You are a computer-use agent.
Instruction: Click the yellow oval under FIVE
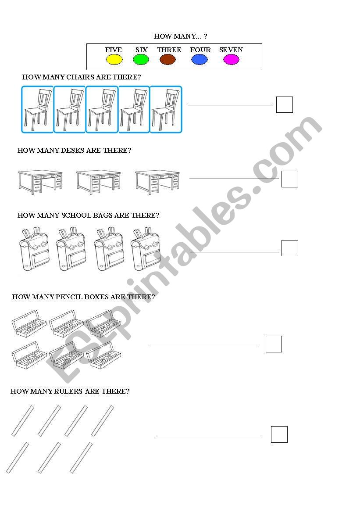pyautogui.click(x=114, y=60)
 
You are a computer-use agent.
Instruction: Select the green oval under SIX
pyautogui.click(x=141, y=60)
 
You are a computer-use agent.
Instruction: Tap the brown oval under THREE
pyautogui.click(x=168, y=60)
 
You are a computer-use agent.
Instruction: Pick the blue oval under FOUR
pyautogui.click(x=200, y=60)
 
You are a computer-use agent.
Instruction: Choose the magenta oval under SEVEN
pyautogui.click(x=231, y=60)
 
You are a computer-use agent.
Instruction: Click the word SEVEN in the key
pyautogui.click(x=231, y=50)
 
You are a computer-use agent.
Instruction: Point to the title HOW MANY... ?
pyautogui.click(x=180, y=36)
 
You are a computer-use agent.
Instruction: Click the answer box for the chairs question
pyautogui.click(x=285, y=105)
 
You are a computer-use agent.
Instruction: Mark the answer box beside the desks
pyautogui.click(x=290, y=179)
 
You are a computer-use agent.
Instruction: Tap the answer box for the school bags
pyautogui.click(x=290, y=248)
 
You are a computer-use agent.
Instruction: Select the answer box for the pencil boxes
pyautogui.click(x=274, y=344)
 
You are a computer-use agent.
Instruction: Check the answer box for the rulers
pyautogui.click(x=279, y=434)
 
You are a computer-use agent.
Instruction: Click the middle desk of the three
pyautogui.click(x=98, y=182)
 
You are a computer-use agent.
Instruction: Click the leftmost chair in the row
pyautogui.click(x=38, y=110)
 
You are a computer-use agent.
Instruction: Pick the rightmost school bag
pyautogui.click(x=145, y=249)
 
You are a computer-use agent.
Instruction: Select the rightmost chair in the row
pyautogui.click(x=166, y=110)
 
